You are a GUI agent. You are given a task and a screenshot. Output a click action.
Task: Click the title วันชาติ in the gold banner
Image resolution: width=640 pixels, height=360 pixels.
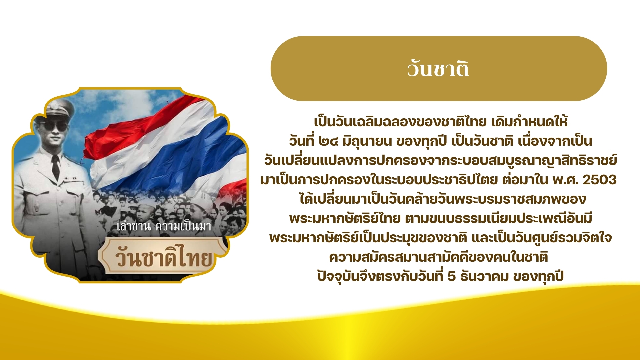[438, 69]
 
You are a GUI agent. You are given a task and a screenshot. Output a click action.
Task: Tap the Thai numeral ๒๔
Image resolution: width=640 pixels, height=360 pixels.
[328, 141]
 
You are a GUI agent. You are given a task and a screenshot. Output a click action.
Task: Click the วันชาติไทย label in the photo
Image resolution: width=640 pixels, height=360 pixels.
[164, 257]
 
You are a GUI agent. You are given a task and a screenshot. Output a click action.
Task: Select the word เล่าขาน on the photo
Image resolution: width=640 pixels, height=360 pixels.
[134, 227]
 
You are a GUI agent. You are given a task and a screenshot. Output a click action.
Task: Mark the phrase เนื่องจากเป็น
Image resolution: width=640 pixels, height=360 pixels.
[555, 141]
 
